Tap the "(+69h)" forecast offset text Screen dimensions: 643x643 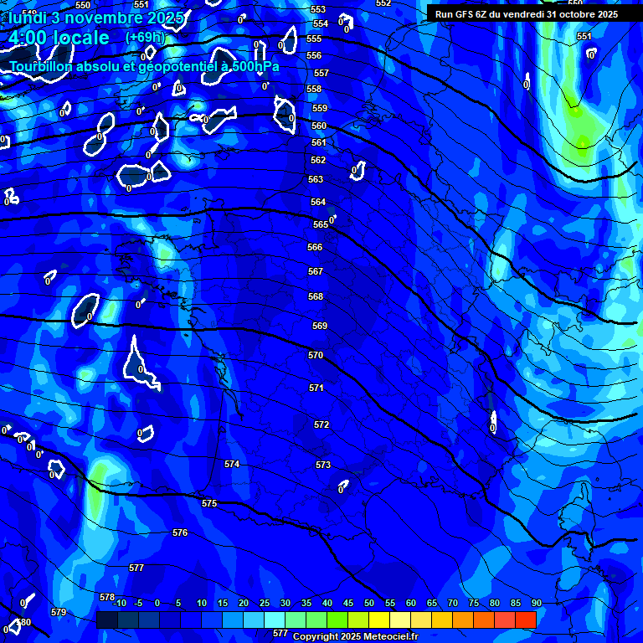click(x=146, y=38)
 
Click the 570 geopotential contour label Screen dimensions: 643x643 click(x=316, y=356)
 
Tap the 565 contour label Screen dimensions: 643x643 click(x=321, y=225)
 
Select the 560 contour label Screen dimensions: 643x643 click(x=319, y=126)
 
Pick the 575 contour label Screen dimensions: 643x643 click(x=209, y=503)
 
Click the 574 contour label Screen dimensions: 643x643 click(x=232, y=464)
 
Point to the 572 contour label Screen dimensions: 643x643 click(x=321, y=425)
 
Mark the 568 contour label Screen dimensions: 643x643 click(x=316, y=297)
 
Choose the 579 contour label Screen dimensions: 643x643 click(x=59, y=613)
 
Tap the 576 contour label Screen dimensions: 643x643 click(x=180, y=533)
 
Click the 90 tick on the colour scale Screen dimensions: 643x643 click(x=536, y=604)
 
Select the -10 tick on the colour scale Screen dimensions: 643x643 click(x=118, y=604)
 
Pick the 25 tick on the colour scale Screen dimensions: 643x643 click(x=265, y=604)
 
